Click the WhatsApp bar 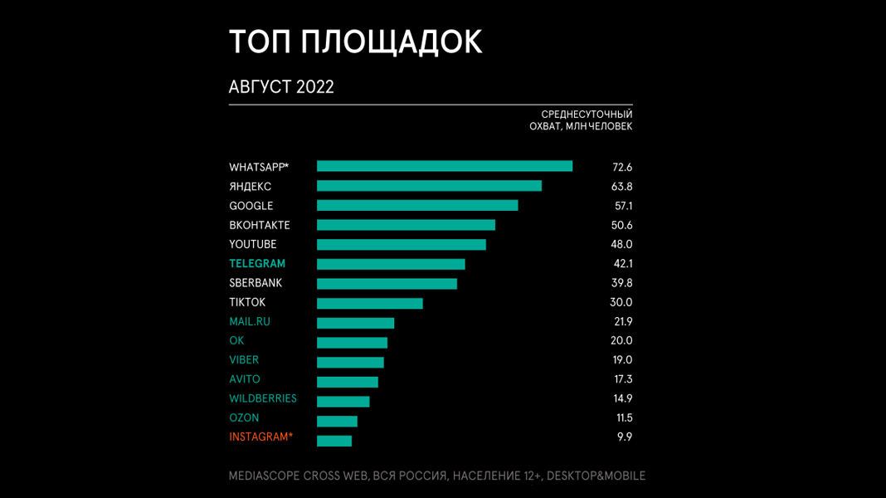click(x=445, y=167)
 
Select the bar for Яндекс click(x=429, y=186)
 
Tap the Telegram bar click(x=391, y=264)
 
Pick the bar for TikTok click(x=370, y=303)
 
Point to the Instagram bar click(x=334, y=441)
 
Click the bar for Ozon click(x=337, y=422)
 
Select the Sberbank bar click(x=387, y=284)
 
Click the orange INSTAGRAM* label click(x=260, y=437)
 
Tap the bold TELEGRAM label click(x=257, y=264)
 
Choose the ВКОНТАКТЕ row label click(x=260, y=225)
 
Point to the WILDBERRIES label click(x=263, y=398)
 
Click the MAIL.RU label click(x=250, y=321)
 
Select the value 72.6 click(x=622, y=168)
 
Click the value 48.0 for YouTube click(x=622, y=245)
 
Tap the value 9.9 click(x=624, y=437)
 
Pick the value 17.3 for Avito click(x=622, y=379)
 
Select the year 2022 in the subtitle click(x=314, y=87)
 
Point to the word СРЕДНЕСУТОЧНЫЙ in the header click(x=587, y=115)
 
